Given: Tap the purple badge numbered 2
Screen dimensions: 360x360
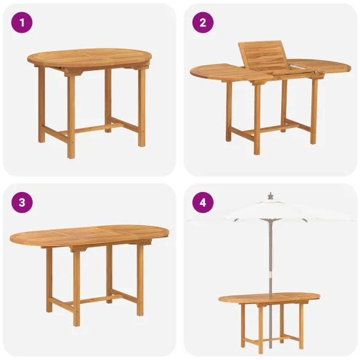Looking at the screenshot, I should [202, 23].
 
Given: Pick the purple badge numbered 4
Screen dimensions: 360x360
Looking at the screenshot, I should [202, 202].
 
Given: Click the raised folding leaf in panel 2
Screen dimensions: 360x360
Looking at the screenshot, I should [262, 56].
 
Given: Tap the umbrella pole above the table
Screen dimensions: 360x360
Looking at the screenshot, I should [269, 258].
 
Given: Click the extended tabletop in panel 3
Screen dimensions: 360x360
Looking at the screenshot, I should [89, 235].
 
